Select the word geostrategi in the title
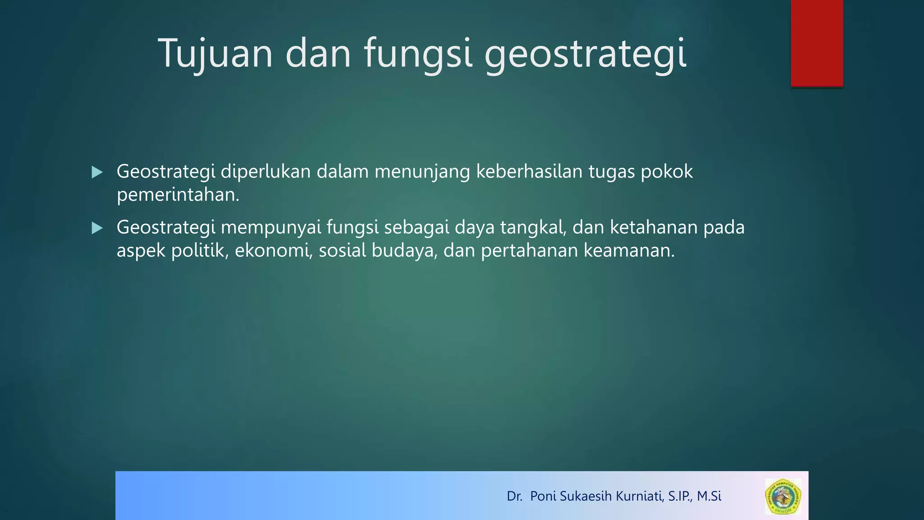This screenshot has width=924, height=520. point(585,54)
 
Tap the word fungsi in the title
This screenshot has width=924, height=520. point(418,54)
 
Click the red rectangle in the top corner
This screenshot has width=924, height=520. point(817,43)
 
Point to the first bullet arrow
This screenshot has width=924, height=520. point(97,172)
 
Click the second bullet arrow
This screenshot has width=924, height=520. point(97,228)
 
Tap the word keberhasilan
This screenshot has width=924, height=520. point(529,172)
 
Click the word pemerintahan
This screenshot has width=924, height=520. point(178,195)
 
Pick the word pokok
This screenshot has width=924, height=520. point(667,172)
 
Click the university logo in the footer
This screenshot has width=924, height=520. point(783,497)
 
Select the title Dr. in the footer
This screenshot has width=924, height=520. point(514,496)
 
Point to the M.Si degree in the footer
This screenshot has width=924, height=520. point(709,496)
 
